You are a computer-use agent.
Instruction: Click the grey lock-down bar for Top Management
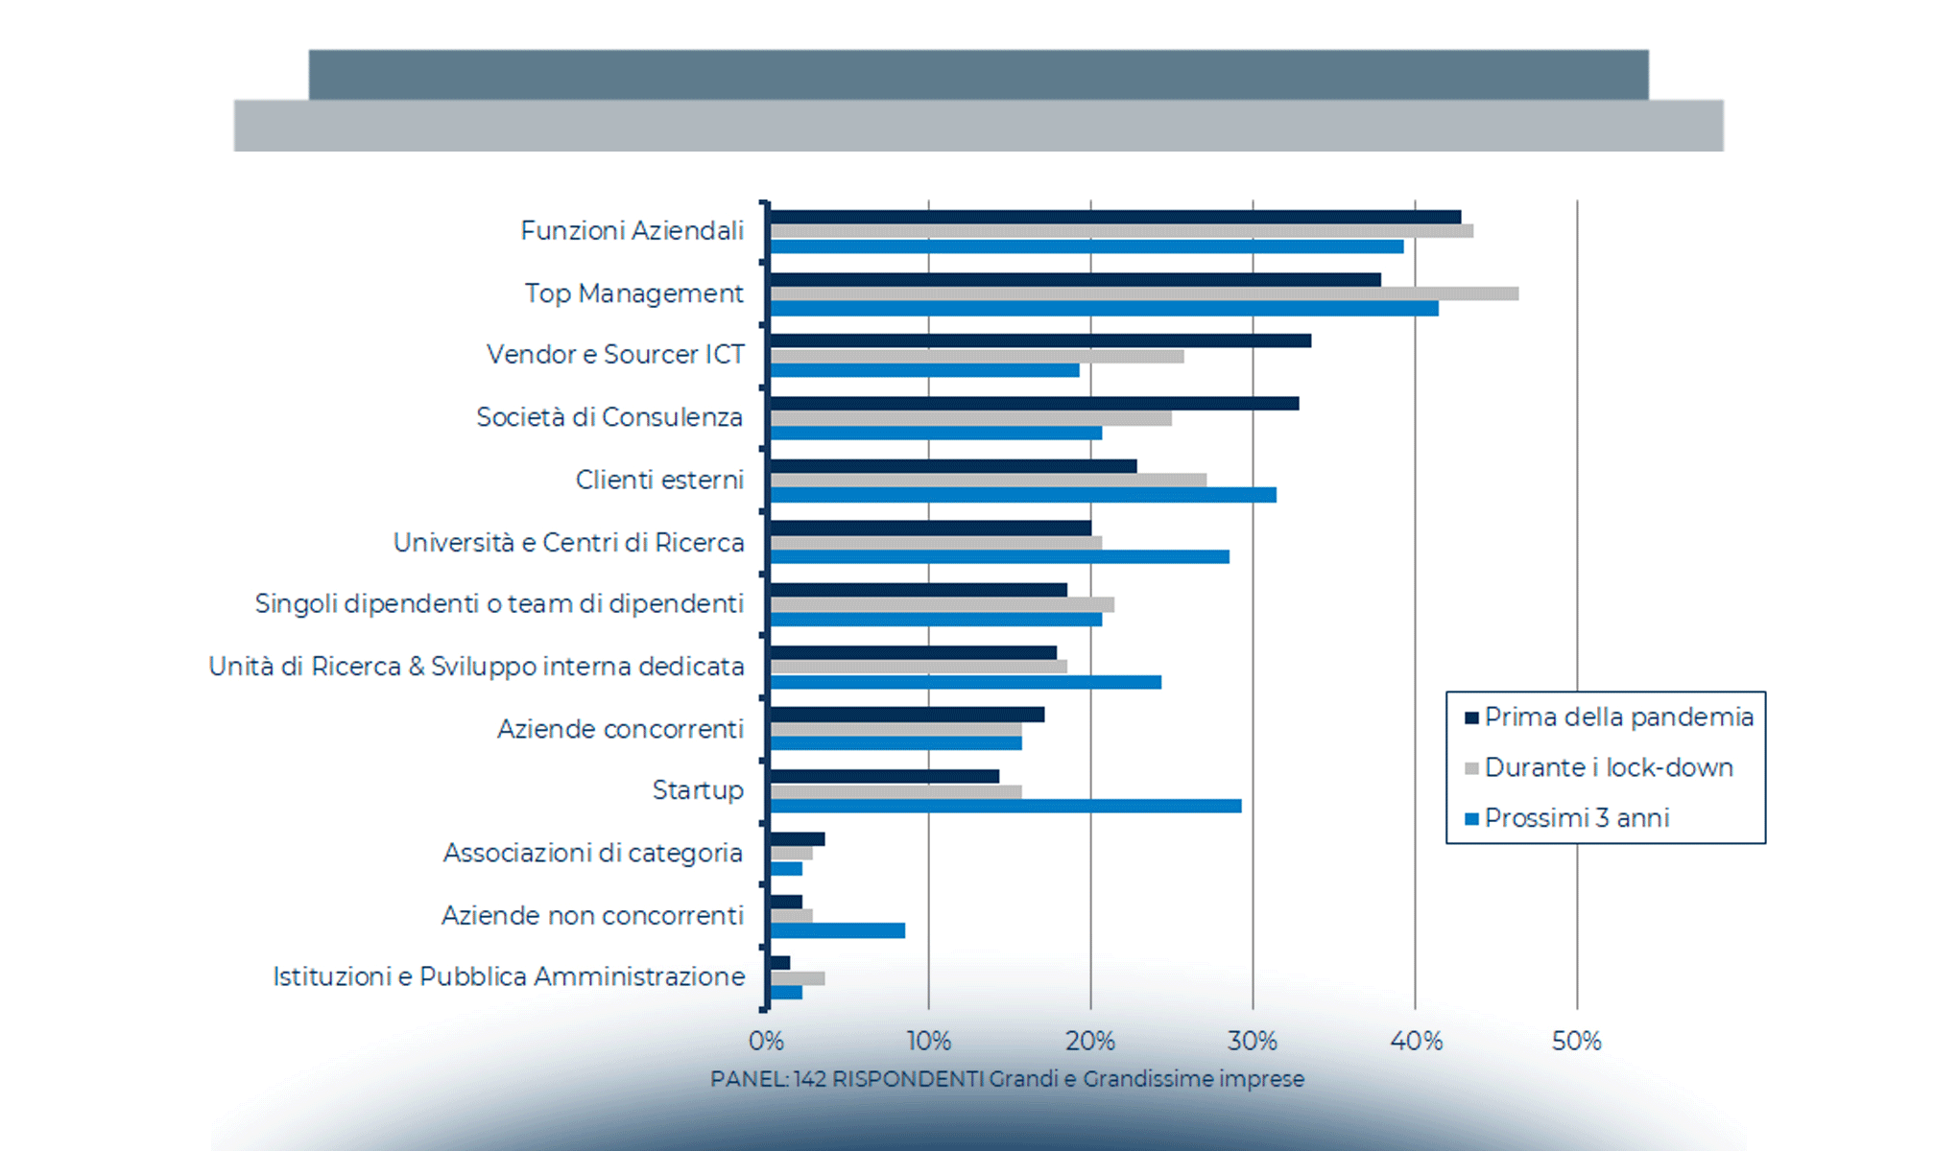(1142, 294)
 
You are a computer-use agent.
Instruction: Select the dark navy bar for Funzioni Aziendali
(1113, 218)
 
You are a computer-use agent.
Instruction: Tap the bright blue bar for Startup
(1005, 806)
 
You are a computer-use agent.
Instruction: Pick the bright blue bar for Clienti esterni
(1022, 495)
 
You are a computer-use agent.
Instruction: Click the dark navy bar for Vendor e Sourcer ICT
(1039, 341)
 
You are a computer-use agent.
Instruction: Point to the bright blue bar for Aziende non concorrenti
(837, 930)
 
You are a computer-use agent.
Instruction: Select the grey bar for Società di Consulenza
(969, 418)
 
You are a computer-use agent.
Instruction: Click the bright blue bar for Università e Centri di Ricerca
(998, 556)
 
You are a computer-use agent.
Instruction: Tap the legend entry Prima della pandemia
(1618, 717)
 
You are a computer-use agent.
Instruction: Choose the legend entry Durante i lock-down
(1609, 767)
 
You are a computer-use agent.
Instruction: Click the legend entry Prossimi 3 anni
(1577, 818)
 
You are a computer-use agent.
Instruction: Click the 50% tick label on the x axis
(1576, 1041)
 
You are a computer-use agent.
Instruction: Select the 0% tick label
(766, 1041)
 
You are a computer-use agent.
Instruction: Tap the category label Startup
(698, 790)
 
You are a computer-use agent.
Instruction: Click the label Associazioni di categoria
(592, 853)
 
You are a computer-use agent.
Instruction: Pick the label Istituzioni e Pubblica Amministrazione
(509, 976)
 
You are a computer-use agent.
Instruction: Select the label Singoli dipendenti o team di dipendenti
(499, 604)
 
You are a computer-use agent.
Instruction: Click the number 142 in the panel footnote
(810, 1079)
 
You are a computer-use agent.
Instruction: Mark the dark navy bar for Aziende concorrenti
(906, 715)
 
